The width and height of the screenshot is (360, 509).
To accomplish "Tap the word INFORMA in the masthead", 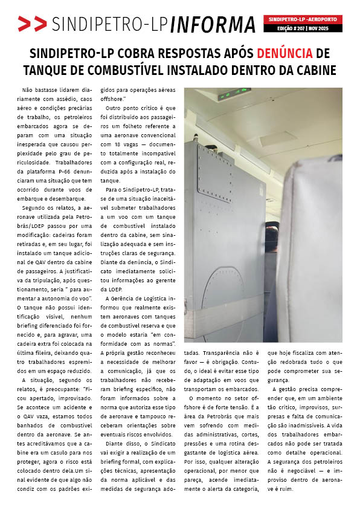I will (213, 24).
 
